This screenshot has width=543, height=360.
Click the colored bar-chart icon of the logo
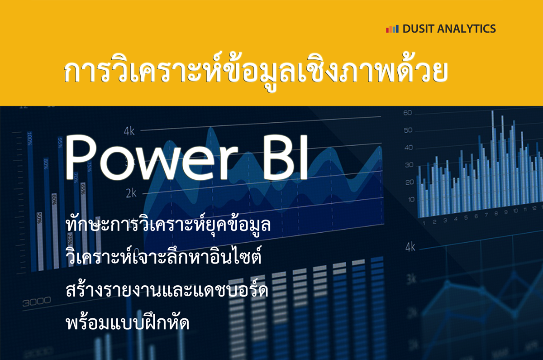392,29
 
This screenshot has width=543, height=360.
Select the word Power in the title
150,158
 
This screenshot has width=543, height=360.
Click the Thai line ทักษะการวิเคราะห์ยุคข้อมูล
168,225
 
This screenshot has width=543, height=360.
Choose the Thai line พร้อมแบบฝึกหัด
128,322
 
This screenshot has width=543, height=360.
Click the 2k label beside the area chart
131,193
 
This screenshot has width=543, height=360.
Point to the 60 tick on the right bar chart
408,113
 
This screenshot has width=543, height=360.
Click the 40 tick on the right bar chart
409,148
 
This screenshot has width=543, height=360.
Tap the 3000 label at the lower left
37,302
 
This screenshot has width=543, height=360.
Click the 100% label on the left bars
29,139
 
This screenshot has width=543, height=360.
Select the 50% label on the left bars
39,218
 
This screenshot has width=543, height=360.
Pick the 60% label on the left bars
54,199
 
